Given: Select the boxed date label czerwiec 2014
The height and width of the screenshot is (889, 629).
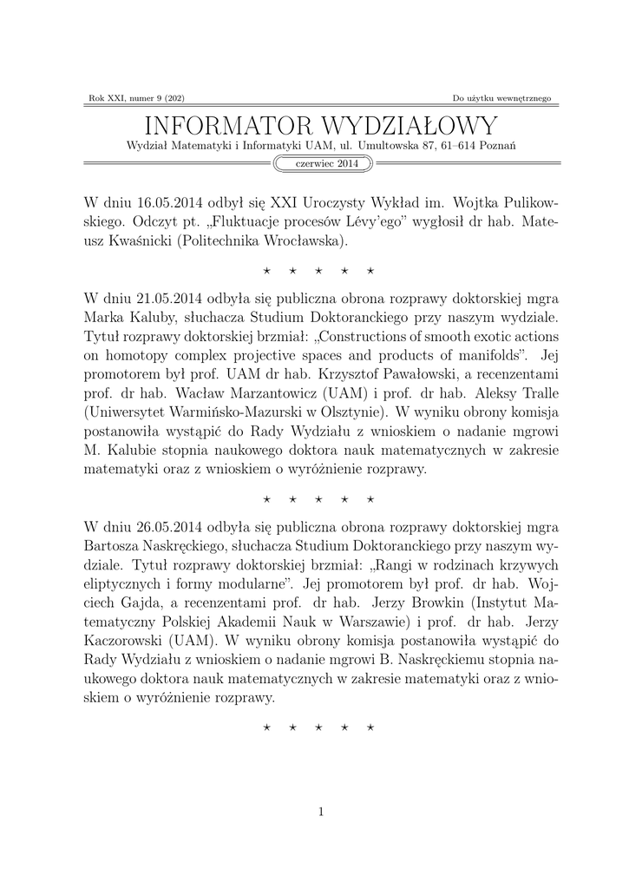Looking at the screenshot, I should [x=321, y=163].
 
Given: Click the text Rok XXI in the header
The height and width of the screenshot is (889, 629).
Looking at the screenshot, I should [x=105, y=98].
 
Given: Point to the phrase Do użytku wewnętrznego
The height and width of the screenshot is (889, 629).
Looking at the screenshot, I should [x=501, y=98].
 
